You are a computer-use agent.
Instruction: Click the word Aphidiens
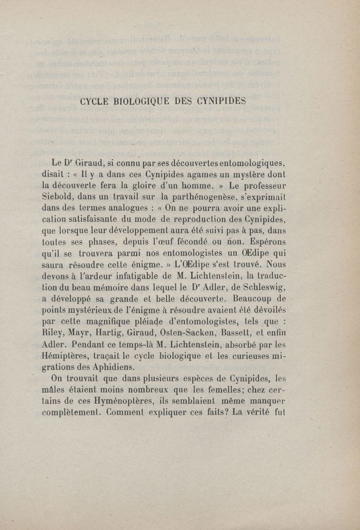point(107,366)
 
